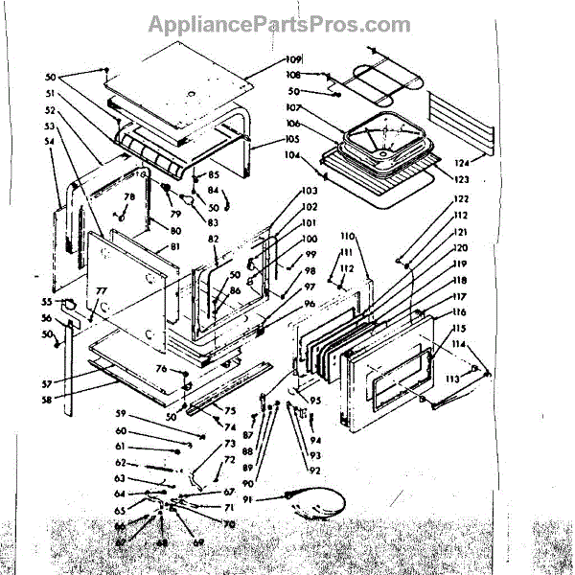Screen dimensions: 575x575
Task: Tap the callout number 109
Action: coord(293,59)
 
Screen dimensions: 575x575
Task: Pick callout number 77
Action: coord(101,289)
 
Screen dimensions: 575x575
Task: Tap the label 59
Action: coord(120,414)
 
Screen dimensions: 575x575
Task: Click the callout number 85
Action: coord(214,175)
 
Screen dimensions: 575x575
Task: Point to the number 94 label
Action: coord(315,440)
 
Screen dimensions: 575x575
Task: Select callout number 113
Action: coord(451,380)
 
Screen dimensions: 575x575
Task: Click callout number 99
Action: coord(310,254)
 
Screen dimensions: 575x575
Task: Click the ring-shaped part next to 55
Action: coord(70,304)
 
